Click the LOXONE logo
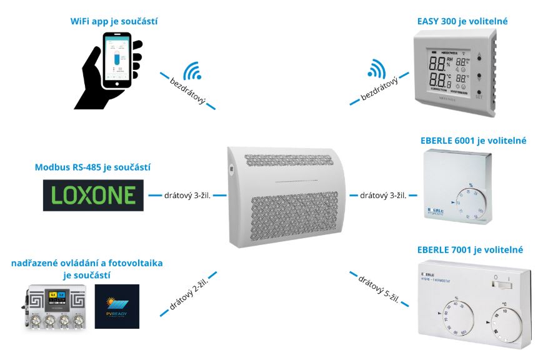click(92, 194)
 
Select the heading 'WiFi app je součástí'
click(113, 22)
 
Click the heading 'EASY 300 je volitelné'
click(462, 22)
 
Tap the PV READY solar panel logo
click(117, 306)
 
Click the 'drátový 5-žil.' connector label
click(379, 288)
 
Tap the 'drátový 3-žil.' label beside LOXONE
click(187, 195)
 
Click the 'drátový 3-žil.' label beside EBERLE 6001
click(383, 195)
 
